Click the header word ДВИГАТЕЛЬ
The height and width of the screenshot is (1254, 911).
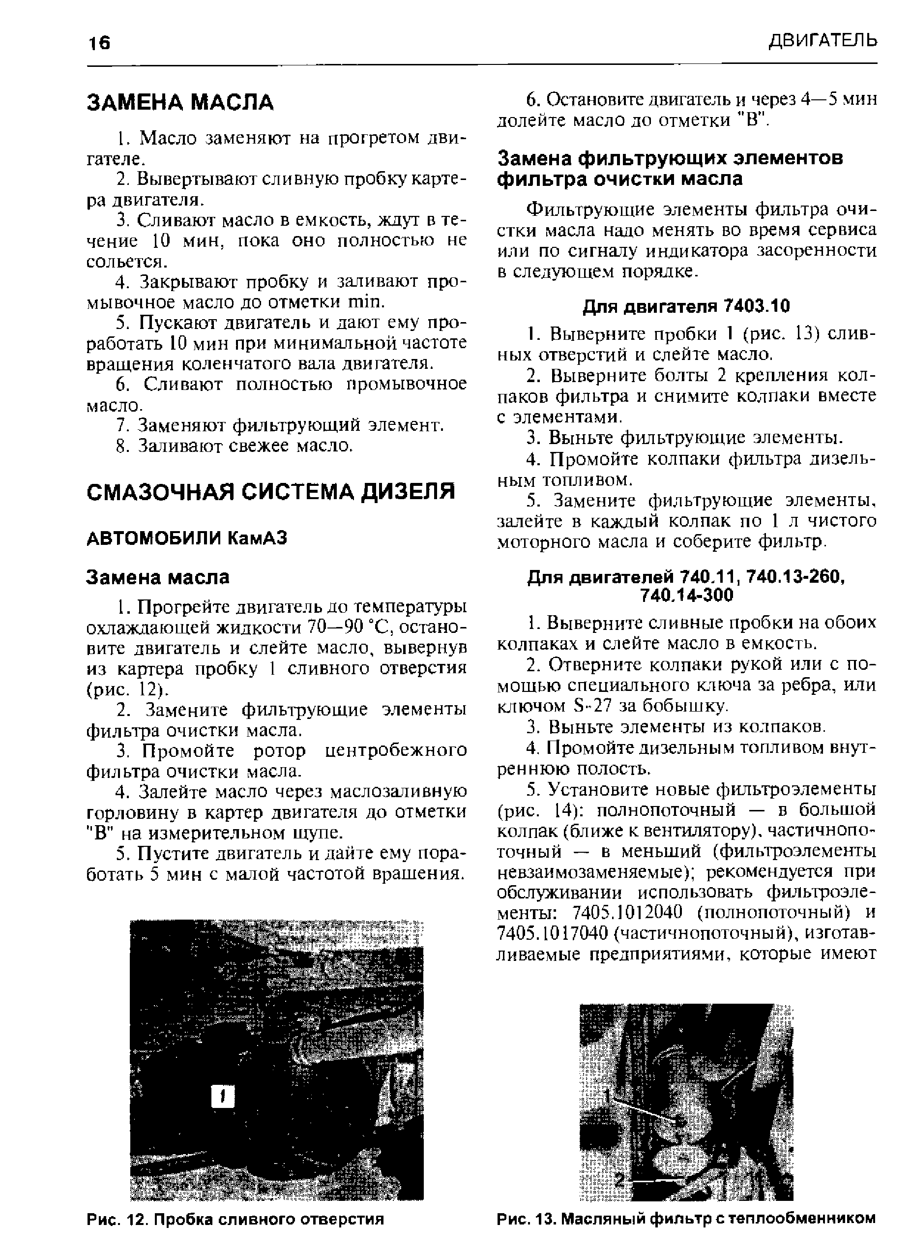coord(823,40)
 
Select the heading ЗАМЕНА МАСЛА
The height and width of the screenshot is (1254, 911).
coord(180,102)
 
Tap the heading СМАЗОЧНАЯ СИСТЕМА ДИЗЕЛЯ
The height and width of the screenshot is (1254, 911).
coord(271,491)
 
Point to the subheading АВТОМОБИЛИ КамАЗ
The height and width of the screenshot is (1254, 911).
coord(187,537)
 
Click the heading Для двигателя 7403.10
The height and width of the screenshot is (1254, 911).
coord(686,306)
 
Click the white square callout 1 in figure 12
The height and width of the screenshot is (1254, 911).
coord(222,1097)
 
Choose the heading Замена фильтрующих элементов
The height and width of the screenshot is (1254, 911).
coord(670,159)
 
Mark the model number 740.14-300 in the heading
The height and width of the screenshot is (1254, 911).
coord(686,596)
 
